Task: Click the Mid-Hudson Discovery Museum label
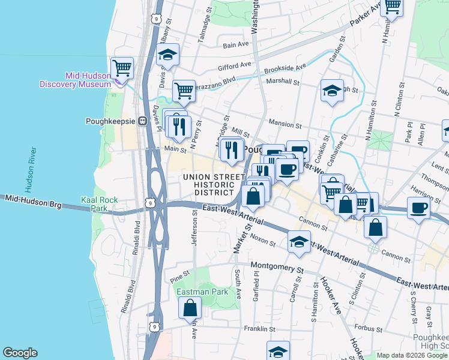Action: tap(75, 80)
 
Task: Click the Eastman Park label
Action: tap(199, 292)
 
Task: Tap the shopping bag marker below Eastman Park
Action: tap(190, 308)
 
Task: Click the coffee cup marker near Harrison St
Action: tap(418, 208)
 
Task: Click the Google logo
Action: tap(20, 353)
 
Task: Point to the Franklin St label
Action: tap(259, 329)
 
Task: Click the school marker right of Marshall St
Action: tap(332, 91)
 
